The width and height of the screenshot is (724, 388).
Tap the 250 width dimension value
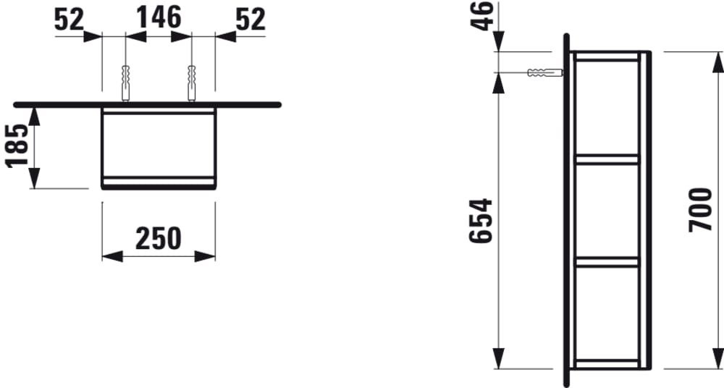tap(159, 238)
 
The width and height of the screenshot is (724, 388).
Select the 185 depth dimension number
tap(18, 145)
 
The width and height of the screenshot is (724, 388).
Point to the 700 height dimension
tap(700, 210)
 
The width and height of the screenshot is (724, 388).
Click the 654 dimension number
tap(481, 221)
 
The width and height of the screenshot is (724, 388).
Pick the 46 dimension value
tap(482, 16)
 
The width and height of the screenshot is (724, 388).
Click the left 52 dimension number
tap(70, 20)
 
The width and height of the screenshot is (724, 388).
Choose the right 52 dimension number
tap(251, 20)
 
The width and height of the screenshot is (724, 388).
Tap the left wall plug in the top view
tap(125, 83)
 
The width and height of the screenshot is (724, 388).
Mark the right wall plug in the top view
tap(192, 83)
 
